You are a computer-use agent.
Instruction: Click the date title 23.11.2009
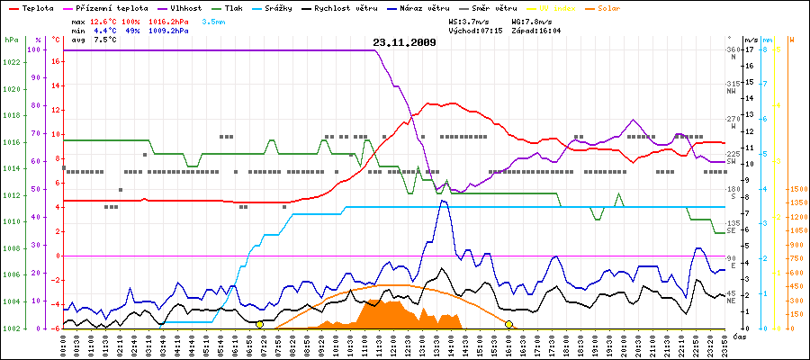(x=404, y=42)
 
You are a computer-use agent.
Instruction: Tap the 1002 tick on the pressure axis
(x=11, y=328)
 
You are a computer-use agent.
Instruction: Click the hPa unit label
(x=11, y=40)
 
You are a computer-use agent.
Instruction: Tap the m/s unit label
(x=751, y=40)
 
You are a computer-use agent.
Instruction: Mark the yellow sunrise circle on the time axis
(x=260, y=324)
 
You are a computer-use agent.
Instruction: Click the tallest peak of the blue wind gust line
(x=443, y=201)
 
